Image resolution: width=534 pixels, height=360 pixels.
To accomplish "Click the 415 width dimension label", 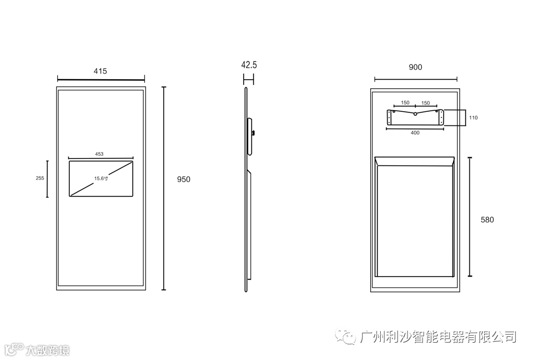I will coord(100,71).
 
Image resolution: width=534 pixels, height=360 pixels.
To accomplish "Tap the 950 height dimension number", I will coord(183,179).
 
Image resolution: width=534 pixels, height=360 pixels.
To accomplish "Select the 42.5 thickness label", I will coord(249,65).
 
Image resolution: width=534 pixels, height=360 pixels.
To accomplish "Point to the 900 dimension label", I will coord(415,67).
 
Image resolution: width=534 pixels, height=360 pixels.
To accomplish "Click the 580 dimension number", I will coord(487,220).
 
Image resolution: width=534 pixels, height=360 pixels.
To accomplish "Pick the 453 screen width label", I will coord(99,154).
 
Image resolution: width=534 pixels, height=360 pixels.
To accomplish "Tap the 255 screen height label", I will coord(40,178).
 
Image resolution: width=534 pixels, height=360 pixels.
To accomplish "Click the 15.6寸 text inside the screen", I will coord(101,178).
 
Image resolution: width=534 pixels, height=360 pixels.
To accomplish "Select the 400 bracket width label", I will coord(415,133).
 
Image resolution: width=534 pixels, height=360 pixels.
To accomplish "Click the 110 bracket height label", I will coord(474,118).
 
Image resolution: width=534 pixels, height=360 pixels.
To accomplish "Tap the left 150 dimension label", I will coord(405,103).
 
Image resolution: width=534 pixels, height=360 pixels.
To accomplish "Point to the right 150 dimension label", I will coord(425,103).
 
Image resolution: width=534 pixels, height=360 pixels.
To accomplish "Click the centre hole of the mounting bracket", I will coord(415,113).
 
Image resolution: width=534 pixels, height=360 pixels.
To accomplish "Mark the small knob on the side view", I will coord(253,133).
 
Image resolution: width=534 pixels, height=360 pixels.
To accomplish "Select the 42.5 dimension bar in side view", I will coord(249,79).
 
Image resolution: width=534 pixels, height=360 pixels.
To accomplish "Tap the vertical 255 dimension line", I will coord(47,179).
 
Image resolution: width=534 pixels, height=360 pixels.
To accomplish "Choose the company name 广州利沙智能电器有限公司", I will coord(439,336).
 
